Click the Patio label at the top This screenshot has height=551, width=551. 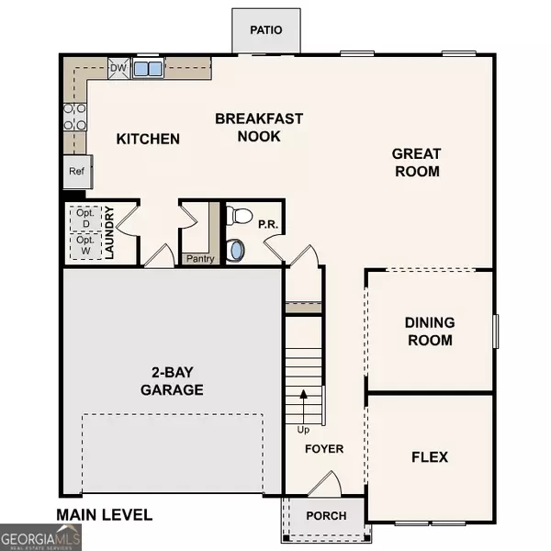click(265, 30)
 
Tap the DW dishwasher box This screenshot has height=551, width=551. click(118, 67)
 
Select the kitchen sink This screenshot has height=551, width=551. click(148, 68)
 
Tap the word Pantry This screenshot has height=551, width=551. click(199, 259)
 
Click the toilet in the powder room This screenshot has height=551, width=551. click(240, 217)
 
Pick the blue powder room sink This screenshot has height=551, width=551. click(237, 249)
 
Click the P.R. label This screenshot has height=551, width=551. click(267, 223)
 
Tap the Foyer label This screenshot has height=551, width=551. click(323, 449)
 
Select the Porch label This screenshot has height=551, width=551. click(327, 515)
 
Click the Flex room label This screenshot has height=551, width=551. click(428, 456)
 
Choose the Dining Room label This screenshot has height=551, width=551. click(429, 332)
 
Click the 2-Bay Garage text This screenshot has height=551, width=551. click(171, 381)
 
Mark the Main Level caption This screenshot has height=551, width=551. click(104, 515)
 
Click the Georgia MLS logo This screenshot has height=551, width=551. click(41, 536)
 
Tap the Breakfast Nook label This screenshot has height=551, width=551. click(247, 128)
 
